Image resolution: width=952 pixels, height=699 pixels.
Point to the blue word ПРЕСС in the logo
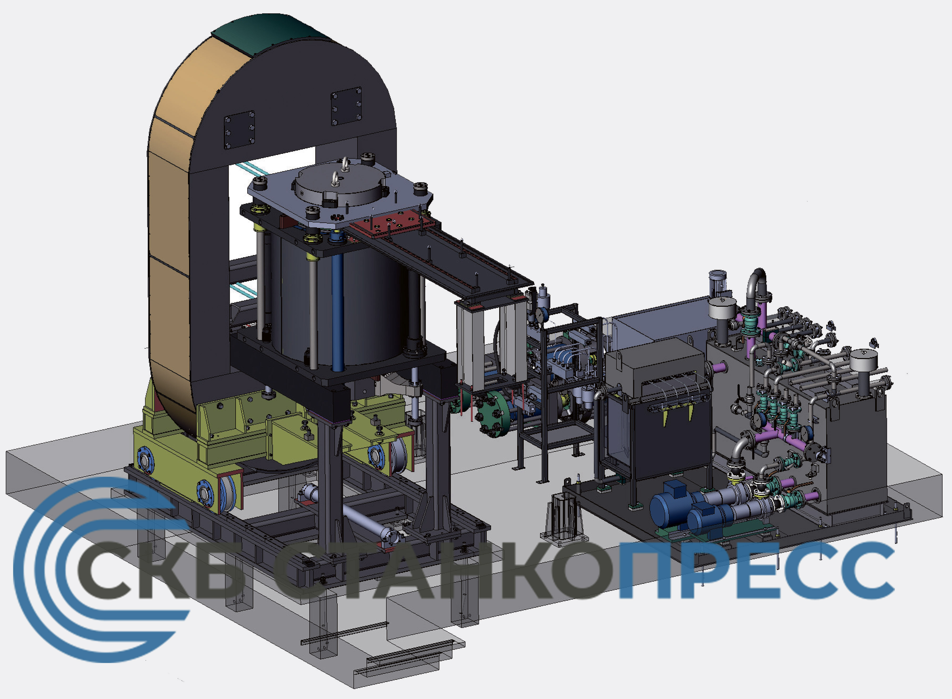pos(757,571)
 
